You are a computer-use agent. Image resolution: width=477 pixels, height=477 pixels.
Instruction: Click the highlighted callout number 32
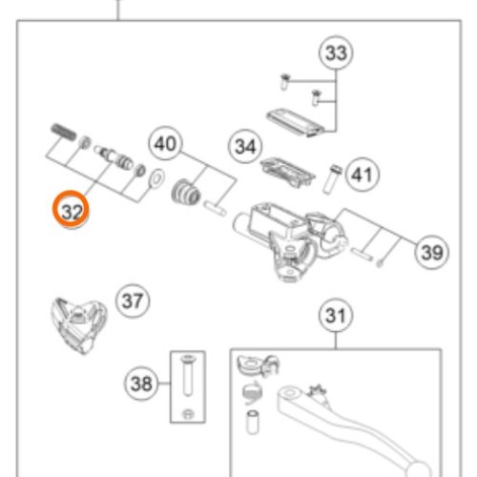[71, 210]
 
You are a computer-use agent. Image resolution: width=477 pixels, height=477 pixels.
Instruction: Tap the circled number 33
[336, 52]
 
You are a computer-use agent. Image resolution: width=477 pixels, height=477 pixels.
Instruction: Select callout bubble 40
[165, 144]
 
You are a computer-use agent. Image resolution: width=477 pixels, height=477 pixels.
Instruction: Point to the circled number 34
[245, 147]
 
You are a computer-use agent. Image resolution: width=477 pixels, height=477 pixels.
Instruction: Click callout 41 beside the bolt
[362, 175]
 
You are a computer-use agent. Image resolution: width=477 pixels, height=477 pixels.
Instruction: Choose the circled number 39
[431, 252]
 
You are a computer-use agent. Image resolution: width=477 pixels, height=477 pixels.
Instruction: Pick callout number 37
[133, 301]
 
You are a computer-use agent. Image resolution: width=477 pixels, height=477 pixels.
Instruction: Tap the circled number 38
[141, 384]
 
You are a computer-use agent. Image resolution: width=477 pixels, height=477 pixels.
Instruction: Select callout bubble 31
[336, 316]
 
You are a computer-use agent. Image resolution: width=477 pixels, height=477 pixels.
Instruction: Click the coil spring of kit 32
[64, 132]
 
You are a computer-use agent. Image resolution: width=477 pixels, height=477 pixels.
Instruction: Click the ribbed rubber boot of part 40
[186, 192]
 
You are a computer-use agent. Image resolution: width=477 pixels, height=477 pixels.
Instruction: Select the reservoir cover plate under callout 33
[295, 123]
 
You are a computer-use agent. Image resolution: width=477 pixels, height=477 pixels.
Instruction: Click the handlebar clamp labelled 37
[78, 325]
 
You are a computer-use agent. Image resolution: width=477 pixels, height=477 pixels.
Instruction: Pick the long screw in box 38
[187, 376]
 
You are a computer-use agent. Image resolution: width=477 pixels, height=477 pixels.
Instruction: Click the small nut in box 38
[187, 414]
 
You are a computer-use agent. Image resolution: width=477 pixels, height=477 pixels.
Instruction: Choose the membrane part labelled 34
[287, 172]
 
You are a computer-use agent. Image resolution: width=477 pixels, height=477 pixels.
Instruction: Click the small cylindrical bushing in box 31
[253, 422]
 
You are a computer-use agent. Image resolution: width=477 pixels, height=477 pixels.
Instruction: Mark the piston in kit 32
[114, 157]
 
